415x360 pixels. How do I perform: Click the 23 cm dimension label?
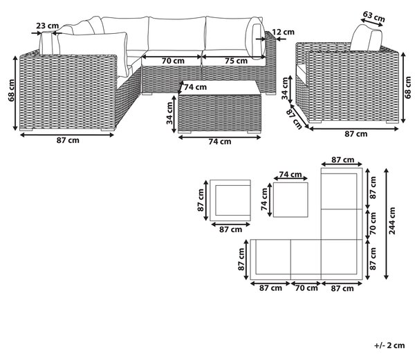pos(47,26)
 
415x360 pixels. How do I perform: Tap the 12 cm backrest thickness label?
pos(283,32)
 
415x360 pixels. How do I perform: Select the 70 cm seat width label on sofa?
pos(173,61)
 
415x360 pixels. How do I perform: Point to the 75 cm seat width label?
pos(237,61)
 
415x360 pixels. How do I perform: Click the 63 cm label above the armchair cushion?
pos(373,17)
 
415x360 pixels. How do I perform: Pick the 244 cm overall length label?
pos(392,220)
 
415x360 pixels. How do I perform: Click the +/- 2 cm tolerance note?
pos(389,345)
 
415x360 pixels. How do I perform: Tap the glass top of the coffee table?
pos(220,87)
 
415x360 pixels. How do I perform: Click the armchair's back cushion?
pos(367,37)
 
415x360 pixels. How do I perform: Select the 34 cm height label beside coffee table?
pos(169,113)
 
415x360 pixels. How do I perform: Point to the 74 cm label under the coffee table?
pos(220,142)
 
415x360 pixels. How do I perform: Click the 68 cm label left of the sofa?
pos(11,90)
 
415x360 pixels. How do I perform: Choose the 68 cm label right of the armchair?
pos(409,87)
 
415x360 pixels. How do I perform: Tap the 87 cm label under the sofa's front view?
pos(68,140)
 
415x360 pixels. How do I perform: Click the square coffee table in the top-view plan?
pos(290,200)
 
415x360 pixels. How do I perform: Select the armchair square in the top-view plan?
pos(230,200)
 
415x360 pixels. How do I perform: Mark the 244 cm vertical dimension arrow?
pos(386,224)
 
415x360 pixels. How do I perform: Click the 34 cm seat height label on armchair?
pos(285,88)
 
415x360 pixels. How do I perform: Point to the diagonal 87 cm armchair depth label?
pos(294,120)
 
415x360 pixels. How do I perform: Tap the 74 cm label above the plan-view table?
pos(290,174)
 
